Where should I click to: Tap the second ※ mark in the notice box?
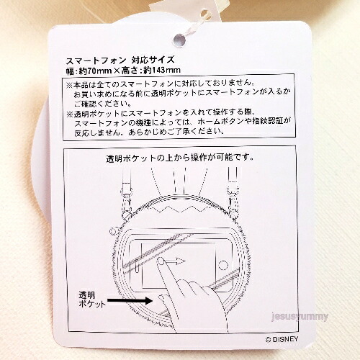tap(70, 114)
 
